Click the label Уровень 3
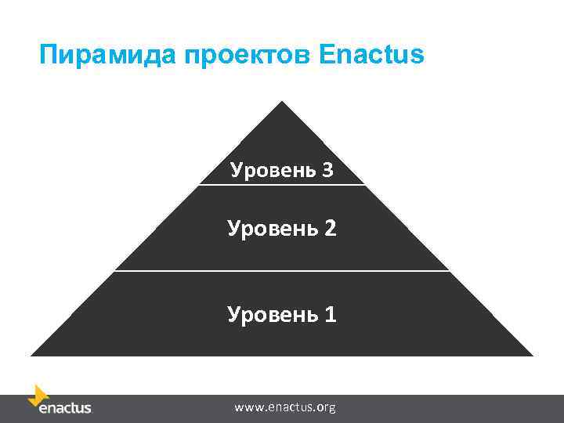tap(281, 170)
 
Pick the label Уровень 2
tap(281, 229)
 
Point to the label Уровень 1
tap(281, 314)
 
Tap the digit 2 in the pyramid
tap(330, 229)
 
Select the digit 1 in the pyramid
tap(330, 314)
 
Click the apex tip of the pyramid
tap(282, 103)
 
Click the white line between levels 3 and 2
tap(282, 185)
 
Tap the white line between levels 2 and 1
tap(282, 271)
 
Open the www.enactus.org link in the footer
tap(285, 407)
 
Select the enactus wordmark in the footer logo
tap(65, 408)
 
